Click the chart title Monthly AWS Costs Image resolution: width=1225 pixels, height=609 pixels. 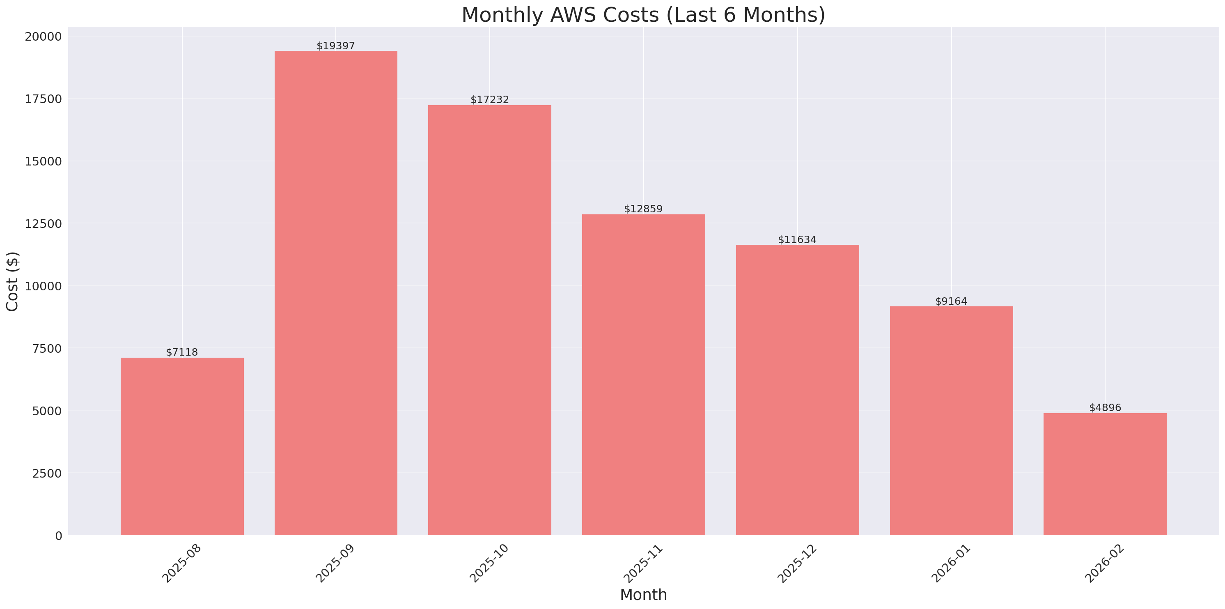(643, 15)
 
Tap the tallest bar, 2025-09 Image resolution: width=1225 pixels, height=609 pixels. (336, 293)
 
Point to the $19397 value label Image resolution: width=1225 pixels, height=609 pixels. (336, 46)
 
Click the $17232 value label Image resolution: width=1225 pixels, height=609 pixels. (489, 100)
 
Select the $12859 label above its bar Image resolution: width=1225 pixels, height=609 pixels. (643, 209)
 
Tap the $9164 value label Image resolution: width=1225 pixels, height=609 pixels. (951, 301)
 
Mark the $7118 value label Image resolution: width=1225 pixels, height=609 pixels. (182, 352)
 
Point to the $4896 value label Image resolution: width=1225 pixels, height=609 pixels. (1105, 408)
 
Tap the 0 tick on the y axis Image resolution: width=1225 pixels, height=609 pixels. (58, 536)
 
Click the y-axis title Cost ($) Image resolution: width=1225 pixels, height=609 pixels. (12, 282)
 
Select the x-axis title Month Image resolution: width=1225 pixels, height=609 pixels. (643, 595)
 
